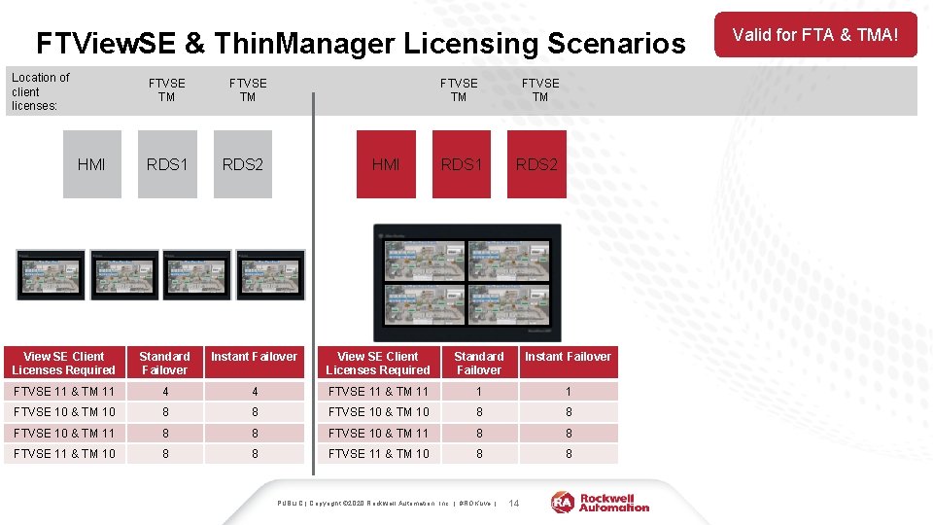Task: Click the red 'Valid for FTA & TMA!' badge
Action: tap(815, 35)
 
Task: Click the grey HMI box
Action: tap(91, 164)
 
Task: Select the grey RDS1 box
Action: tap(166, 164)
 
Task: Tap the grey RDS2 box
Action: tap(242, 164)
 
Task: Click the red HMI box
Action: tap(386, 164)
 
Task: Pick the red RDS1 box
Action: tap(461, 164)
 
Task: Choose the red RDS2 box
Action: tap(536, 164)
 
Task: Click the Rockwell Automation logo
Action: tap(601, 502)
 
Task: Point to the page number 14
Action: tap(514, 503)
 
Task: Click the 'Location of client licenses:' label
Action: tap(40, 90)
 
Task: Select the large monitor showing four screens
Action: tap(467, 282)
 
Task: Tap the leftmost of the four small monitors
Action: tap(51, 274)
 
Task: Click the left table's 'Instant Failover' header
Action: tap(254, 357)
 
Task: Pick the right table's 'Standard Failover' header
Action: tap(478, 363)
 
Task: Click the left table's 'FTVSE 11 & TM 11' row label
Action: tap(64, 391)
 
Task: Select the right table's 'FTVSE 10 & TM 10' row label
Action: tap(378, 411)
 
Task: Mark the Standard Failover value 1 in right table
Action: tap(478, 391)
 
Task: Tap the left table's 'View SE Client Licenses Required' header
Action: tap(64, 363)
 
